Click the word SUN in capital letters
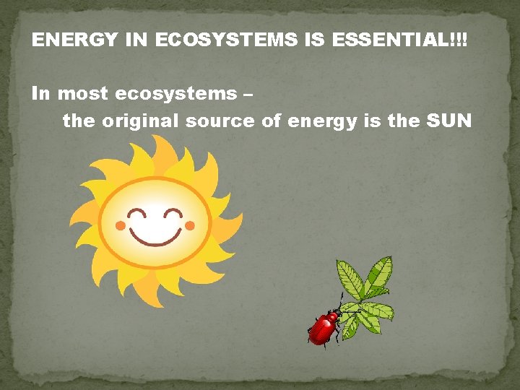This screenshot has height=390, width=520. tap(449, 121)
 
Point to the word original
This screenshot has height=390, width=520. tap(140, 121)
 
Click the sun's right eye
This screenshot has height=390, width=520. tap(173, 213)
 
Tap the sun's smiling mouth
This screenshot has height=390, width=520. tap(155, 233)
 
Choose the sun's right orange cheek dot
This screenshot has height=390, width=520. tap(189, 226)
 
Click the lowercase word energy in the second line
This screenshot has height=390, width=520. tap(323, 121)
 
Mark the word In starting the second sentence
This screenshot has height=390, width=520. tap(41, 94)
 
